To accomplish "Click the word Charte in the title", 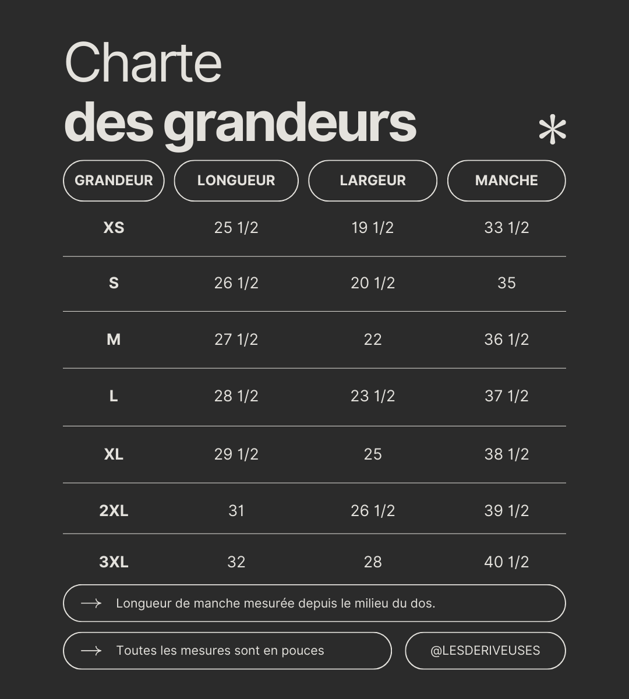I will [143, 63].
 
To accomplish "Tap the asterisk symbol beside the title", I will [552, 130].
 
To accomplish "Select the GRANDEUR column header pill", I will [114, 181].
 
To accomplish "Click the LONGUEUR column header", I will [236, 181].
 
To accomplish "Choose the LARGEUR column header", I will [373, 181].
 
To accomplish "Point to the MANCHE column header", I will [506, 181].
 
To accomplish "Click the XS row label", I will [114, 228].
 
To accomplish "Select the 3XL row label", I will [114, 562].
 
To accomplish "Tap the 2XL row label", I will [114, 511].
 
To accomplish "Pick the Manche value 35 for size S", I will [506, 283].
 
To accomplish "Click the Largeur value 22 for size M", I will [373, 340].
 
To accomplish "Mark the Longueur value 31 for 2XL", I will [236, 511].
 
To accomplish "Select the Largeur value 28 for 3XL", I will [373, 562].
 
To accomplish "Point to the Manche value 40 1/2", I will [506, 562].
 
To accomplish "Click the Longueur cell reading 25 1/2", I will [236, 228].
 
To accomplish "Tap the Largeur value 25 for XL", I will [373, 454].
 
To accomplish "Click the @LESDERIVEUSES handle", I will [485, 651].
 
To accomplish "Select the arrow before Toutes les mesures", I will [91, 651].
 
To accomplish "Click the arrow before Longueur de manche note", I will [91, 603].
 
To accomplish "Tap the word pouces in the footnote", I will [302, 651].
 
